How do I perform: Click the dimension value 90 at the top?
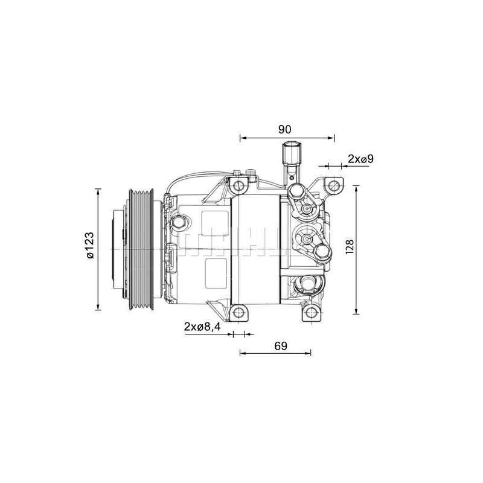[286, 129]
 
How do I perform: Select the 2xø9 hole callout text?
[361, 159]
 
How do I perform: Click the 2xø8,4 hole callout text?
[202, 327]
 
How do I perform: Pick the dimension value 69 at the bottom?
[280, 345]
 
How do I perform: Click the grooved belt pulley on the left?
[141, 249]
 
